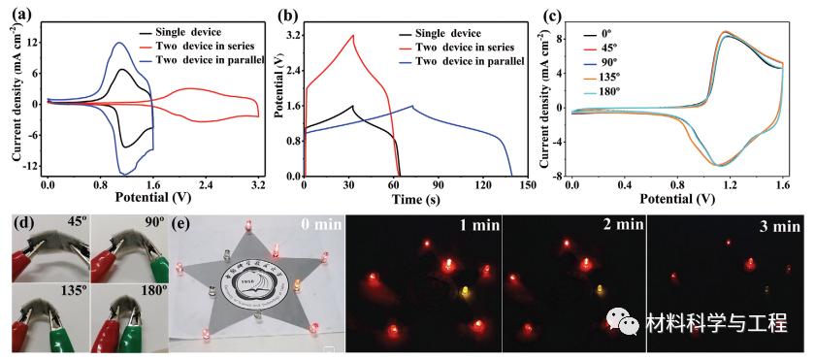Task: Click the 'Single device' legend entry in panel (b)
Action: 447,32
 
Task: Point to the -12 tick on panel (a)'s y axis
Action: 32,166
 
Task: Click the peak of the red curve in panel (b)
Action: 353,36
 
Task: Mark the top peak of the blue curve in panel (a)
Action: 118,43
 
